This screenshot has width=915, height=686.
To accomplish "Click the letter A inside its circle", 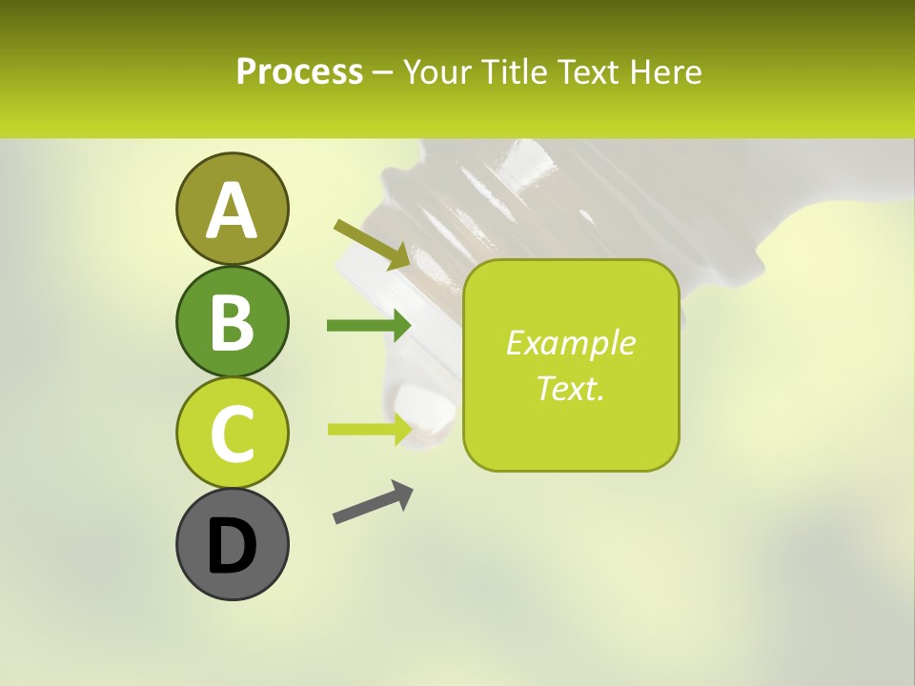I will [x=232, y=211].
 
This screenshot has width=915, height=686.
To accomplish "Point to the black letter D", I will [x=232, y=546].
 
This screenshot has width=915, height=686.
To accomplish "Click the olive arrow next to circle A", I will [x=372, y=243].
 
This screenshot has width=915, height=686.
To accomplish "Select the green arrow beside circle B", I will [x=369, y=326].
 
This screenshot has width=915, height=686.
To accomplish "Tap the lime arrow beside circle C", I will [x=369, y=429].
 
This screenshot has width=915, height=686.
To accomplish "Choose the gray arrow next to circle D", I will [x=373, y=503].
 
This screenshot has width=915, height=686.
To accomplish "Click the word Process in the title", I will [x=299, y=72].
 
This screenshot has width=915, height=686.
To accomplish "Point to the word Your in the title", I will [x=436, y=72].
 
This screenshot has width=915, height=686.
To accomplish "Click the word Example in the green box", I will [x=570, y=343].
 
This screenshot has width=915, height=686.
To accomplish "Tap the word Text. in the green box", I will [x=570, y=388].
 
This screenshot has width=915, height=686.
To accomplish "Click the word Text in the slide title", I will [x=587, y=72].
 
